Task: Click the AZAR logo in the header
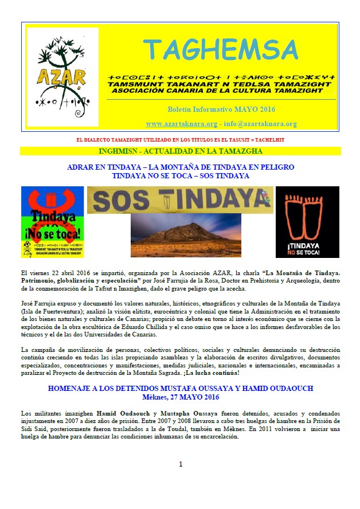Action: pyautogui.click(x=54, y=78)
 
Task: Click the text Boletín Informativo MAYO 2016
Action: pyautogui.click(x=221, y=109)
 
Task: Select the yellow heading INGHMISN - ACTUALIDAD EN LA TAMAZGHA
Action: pyautogui.click(x=180, y=151)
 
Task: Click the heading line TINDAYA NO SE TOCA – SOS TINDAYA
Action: pyautogui.click(x=181, y=175)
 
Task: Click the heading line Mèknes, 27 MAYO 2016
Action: pyautogui.click(x=181, y=396)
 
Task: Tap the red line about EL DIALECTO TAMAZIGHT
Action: pyautogui.click(x=180, y=140)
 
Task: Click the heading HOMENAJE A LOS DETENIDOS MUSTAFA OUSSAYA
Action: pyautogui.click(x=181, y=388)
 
